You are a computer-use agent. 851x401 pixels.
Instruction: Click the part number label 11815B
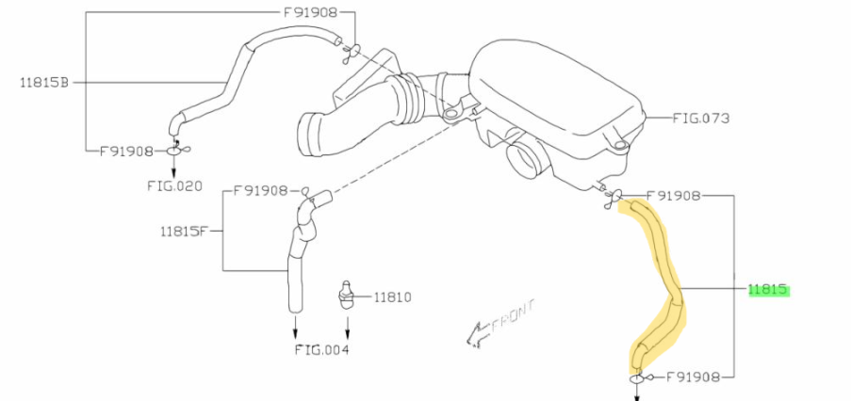tap(44, 83)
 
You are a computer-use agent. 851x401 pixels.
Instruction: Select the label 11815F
tap(184, 232)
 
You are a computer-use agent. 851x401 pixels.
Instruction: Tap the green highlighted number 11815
tap(767, 290)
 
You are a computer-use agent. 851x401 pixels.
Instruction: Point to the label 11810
tap(392, 297)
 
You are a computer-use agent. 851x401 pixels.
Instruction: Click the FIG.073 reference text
tap(700, 118)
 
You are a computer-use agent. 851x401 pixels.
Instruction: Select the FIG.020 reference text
tap(174, 185)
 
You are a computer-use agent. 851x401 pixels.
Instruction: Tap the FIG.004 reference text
tap(321, 349)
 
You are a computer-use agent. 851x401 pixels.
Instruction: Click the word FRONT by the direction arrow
tap(513, 316)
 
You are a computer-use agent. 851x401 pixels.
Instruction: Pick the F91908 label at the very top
tap(310, 12)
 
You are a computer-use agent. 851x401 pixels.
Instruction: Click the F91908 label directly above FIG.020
tap(126, 152)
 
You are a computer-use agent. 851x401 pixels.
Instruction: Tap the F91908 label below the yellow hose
tap(693, 377)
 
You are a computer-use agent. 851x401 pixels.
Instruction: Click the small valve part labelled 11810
tap(344, 295)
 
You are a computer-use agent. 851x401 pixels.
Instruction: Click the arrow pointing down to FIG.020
tap(173, 167)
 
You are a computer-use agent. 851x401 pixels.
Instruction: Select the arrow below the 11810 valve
tap(348, 325)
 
